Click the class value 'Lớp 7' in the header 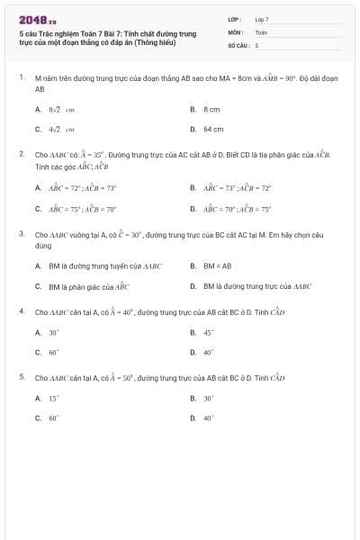261,18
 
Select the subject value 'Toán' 261,31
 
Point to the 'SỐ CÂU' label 237,44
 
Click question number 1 21,78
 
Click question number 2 21,154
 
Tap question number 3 21,233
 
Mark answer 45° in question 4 208,332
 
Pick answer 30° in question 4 54,332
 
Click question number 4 21,310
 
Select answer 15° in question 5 54,398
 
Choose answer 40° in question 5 208,418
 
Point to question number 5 21,376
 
